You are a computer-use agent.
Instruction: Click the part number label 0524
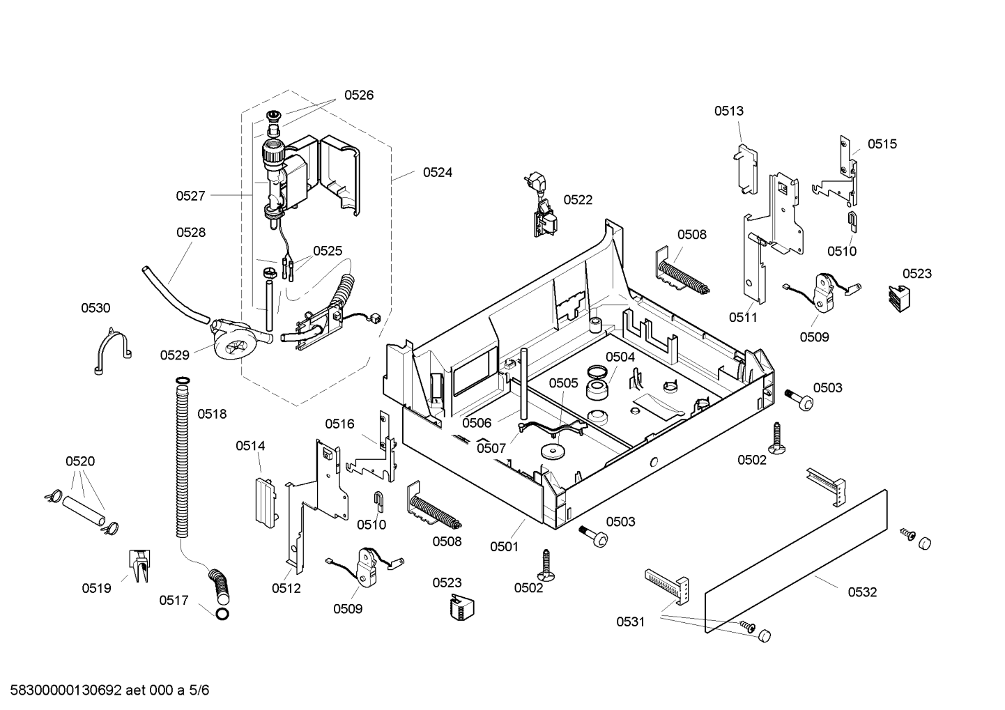[x=438, y=173]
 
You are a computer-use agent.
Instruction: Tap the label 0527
[x=190, y=196]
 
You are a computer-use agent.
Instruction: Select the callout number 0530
[x=95, y=308]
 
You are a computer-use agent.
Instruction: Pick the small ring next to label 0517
[x=222, y=615]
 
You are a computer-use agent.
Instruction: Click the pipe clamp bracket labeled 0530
[x=112, y=350]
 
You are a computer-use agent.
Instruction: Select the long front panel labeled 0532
[x=796, y=561]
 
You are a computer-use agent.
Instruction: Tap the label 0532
[x=862, y=592]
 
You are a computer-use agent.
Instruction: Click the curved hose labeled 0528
[x=175, y=296]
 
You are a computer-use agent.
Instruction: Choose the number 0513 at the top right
[x=728, y=111]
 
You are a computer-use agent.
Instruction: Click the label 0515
[x=882, y=144]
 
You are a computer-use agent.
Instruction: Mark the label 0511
[x=743, y=318]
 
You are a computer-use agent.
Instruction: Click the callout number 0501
[x=504, y=547]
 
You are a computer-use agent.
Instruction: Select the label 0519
[x=96, y=589]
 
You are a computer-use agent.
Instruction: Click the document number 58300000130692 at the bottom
[x=66, y=690]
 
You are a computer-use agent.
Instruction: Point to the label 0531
[x=630, y=622]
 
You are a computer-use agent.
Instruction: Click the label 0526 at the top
[x=359, y=95]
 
